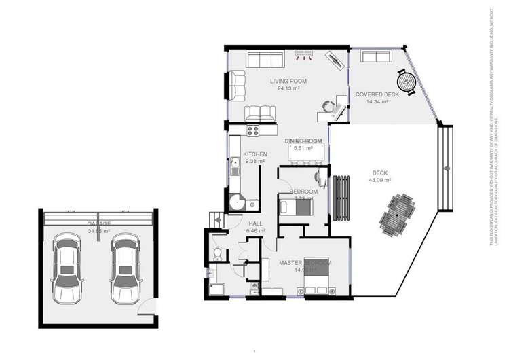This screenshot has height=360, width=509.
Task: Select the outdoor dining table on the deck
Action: tap(396, 213)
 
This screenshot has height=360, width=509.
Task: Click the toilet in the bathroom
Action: tap(216, 254)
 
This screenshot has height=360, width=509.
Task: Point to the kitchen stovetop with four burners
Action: tap(254, 130)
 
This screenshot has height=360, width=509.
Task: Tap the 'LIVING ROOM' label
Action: tap(288, 82)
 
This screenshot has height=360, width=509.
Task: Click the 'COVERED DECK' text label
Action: tap(377, 94)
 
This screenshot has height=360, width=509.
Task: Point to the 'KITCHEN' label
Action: tap(255, 154)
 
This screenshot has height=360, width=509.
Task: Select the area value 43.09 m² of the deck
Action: tap(379, 180)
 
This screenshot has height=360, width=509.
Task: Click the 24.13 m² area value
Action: tap(288, 88)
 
